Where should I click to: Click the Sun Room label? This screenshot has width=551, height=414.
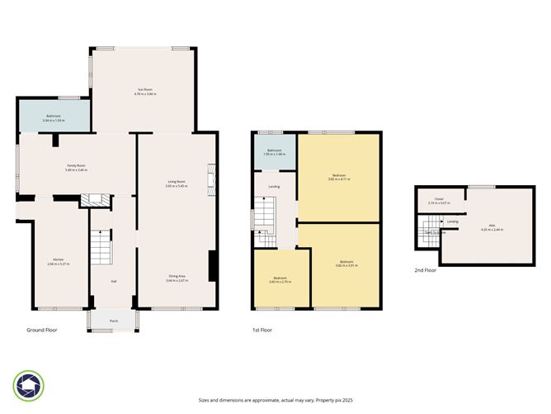(144, 88)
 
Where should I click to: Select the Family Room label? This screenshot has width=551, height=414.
(78, 166)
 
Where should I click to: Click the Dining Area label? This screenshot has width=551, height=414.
(177, 278)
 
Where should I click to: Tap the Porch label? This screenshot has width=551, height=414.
(114, 320)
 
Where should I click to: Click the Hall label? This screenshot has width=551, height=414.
(113, 281)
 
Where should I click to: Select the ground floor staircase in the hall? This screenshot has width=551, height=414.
(100, 246)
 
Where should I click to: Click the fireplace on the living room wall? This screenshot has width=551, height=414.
(212, 178)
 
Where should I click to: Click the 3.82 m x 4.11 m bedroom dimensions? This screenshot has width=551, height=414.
(338, 178)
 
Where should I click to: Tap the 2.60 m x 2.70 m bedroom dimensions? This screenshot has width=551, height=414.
(280, 283)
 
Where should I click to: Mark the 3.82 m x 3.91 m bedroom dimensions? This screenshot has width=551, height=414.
(338, 266)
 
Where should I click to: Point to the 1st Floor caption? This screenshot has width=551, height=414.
(261, 329)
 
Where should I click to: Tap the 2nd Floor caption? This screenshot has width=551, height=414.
(426, 269)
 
